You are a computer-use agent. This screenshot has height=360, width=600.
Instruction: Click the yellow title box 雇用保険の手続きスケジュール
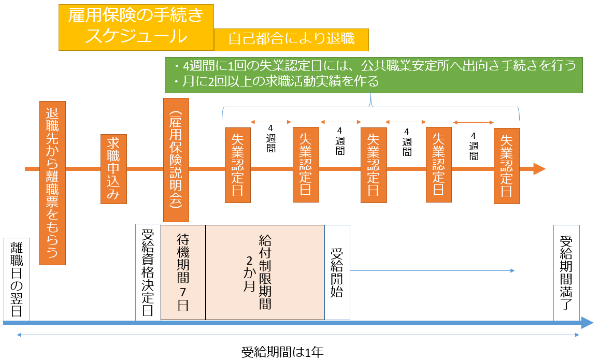[136, 27]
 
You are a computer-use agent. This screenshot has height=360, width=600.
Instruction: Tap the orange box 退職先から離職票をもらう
[52, 183]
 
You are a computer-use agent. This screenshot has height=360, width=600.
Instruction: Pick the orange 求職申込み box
[113, 169]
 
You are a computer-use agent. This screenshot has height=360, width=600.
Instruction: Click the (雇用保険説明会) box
[176, 160]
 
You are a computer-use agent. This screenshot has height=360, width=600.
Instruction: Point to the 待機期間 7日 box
[183, 272]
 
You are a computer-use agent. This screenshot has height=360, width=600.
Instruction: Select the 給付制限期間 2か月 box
[265, 272]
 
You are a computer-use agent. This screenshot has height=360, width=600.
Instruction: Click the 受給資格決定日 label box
[148, 272]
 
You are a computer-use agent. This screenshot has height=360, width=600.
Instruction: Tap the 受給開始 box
[337, 272]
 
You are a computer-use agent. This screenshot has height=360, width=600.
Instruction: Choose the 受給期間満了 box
[566, 272]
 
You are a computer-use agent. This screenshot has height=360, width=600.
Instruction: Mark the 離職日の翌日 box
[17, 279]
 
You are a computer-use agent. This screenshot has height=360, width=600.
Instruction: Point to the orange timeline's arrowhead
[539, 169]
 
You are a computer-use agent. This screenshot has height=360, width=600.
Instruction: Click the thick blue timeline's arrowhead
[587, 323]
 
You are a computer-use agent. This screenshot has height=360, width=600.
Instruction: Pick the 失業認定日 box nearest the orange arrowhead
[506, 165]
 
